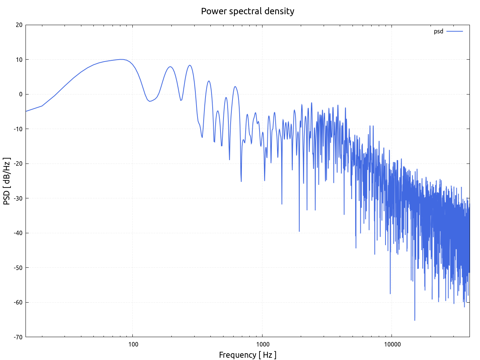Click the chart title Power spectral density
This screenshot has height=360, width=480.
(x=247, y=11)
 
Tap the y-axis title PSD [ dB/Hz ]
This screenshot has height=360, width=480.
(x=7, y=181)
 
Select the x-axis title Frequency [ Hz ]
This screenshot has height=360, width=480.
(x=247, y=355)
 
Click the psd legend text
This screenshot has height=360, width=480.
(x=438, y=31)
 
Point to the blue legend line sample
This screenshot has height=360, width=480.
(x=454, y=31)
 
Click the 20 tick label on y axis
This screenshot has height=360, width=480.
(x=19, y=25)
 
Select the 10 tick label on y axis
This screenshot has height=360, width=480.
(x=19, y=60)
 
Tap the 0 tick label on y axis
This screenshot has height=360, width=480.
(x=21, y=94)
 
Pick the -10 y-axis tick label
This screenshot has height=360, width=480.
(x=18, y=129)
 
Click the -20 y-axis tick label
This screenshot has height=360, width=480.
(x=18, y=163)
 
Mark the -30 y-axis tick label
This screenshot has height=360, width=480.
(x=18, y=198)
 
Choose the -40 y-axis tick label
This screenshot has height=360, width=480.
(x=18, y=233)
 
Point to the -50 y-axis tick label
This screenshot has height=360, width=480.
(x=18, y=268)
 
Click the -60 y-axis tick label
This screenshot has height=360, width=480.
(x=18, y=302)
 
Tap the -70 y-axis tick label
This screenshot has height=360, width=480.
(x=18, y=337)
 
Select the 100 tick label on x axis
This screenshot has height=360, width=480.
(x=133, y=345)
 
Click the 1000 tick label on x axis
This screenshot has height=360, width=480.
(x=262, y=345)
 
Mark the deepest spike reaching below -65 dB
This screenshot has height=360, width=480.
(x=414, y=320)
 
